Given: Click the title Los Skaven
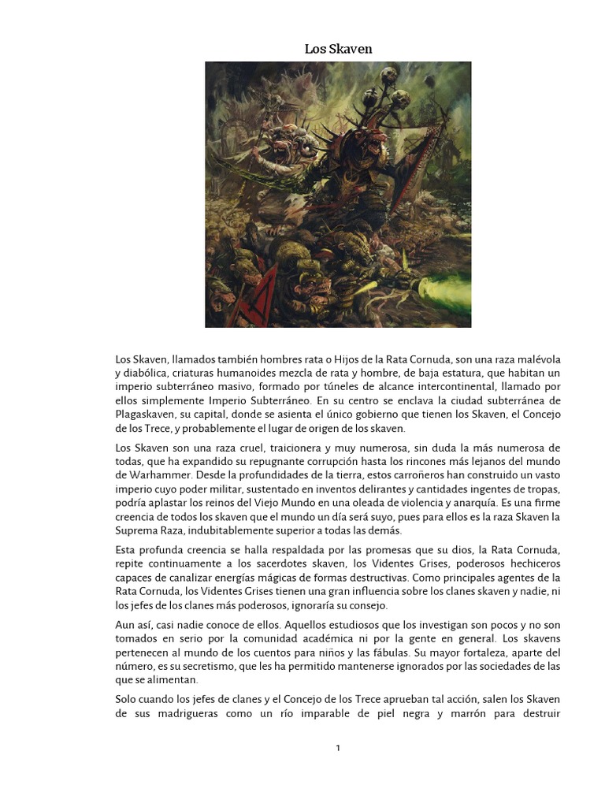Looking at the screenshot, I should (338, 49).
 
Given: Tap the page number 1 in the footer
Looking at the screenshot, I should (338, 748).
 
